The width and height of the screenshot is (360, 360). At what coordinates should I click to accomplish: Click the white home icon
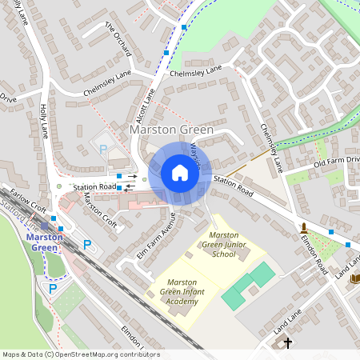point(180,172)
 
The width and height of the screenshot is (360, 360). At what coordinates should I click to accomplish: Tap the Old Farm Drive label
point(337,164)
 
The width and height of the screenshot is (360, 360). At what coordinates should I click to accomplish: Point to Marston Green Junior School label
point(222,244)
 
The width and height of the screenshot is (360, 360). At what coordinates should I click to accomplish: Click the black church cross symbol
point(288,342)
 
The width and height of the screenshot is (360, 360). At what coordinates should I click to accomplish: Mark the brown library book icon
point(354,278)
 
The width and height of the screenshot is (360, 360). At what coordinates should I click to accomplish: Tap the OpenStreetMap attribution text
point(70,354)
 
